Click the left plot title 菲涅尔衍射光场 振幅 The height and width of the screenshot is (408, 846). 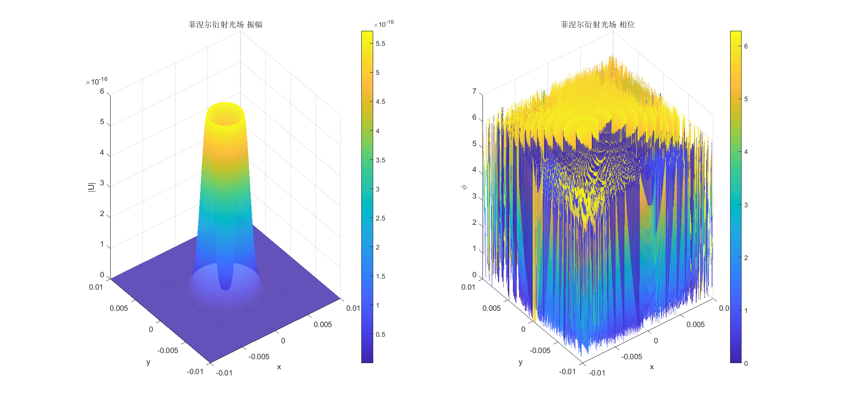225,25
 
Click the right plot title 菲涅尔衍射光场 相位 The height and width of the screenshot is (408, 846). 597,25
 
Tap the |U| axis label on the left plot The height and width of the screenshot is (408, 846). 92,187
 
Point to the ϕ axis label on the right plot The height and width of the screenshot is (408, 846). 464,187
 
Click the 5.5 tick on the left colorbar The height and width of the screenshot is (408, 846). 380,44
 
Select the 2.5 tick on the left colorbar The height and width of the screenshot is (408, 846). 380,218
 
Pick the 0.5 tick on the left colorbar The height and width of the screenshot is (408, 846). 380,334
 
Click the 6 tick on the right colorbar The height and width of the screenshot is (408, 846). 746,46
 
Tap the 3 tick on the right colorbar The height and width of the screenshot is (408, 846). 746,205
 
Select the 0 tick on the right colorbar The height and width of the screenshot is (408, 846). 746,364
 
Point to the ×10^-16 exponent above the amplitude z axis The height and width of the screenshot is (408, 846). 96,81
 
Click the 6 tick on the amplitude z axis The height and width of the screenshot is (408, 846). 102,92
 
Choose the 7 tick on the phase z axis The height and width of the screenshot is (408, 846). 475,92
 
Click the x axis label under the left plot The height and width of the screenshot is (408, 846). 279,367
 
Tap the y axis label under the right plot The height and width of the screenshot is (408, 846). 520,362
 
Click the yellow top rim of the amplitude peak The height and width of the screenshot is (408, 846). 225,106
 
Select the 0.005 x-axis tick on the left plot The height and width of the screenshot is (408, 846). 323,325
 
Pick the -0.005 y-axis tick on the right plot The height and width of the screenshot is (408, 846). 540,351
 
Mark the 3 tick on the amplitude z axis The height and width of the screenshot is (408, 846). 102,183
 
